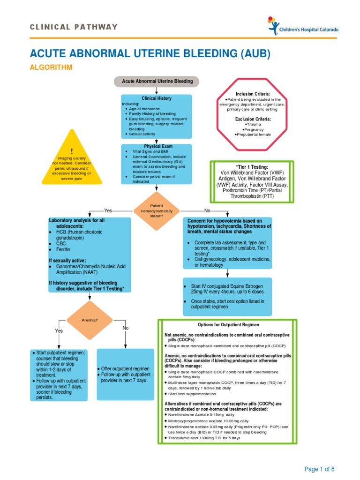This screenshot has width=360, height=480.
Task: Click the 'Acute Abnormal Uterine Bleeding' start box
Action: pos(157,82)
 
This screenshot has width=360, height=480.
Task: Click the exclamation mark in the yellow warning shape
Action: pos(72,150)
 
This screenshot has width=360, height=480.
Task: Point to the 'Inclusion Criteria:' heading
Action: pos(253,94)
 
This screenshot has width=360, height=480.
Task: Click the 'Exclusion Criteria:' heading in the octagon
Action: pos(253,119)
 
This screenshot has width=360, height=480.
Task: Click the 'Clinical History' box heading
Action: pos(157,98)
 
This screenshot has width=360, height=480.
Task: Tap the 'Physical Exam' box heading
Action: pos(157,147)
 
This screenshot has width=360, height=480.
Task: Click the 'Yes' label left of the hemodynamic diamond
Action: pos(108,211)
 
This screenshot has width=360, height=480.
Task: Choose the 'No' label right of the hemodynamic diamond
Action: pos(207,211)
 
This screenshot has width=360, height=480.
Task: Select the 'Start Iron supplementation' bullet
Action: pos(192,394)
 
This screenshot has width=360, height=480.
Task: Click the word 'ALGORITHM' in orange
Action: pos(52,67)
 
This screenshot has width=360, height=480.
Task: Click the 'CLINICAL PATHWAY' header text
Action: pos(74,27)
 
